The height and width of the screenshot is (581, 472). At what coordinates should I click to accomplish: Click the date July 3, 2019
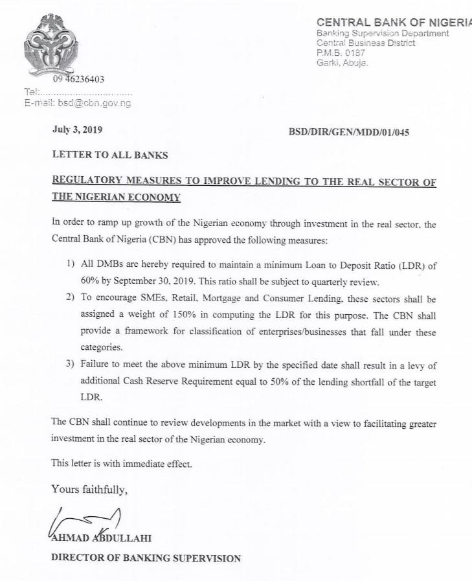click(77, 130)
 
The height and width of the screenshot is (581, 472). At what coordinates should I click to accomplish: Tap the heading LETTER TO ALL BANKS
click(110, 155)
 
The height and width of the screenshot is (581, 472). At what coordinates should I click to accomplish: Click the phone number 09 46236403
click(78, 80)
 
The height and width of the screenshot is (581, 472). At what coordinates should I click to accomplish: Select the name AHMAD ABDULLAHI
click(100, 538)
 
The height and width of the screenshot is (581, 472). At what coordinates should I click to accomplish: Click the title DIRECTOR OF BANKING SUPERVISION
click(146, 558)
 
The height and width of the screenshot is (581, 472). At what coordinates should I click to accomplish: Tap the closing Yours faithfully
click(89, 489)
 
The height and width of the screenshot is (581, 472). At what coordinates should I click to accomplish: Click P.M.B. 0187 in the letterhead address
click(341, 52)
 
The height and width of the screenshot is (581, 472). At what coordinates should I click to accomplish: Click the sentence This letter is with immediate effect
click(122, 464)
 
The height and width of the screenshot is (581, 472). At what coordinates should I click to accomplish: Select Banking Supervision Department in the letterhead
click(382, 33)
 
